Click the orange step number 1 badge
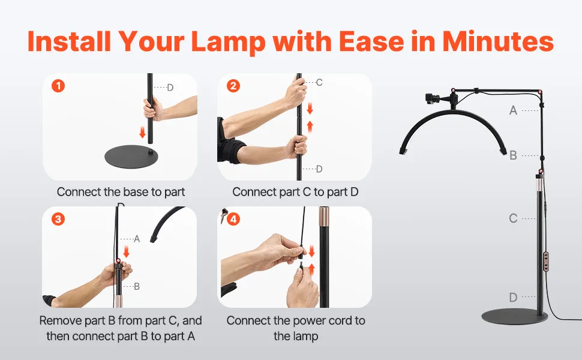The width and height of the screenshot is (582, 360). [58, 86]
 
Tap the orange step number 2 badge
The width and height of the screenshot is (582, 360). [233, 86]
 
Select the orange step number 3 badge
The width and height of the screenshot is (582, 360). [58, 219]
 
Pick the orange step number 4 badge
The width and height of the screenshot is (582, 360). [233, 219]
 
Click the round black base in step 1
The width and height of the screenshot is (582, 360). [131, 157]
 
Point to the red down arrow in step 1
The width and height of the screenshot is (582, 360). [143, 132]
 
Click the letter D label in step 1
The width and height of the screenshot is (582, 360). [170, 88]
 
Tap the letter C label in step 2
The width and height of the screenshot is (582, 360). [319, 82]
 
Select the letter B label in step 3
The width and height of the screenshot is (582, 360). [137, 287]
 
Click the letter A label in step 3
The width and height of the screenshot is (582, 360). [137, 239]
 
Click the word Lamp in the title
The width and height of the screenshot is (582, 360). [229, 41]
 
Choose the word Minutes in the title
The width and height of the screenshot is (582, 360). [498, 41]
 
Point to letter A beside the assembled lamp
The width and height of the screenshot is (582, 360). [513, 110]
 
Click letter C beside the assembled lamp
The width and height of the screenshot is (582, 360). [513, 218]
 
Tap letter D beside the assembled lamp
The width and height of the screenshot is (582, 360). [513, 297]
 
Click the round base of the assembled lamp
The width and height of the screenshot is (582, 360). [514, 316]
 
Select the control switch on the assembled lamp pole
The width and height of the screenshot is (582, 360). [546, 262]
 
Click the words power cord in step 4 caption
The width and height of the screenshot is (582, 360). [320, 320]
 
